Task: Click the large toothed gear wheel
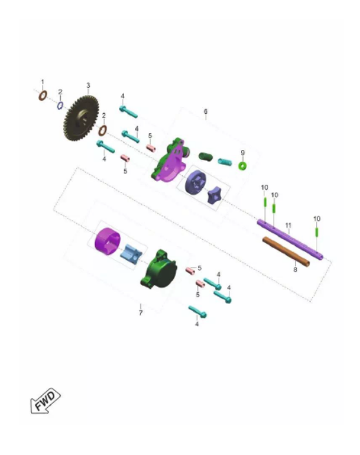click(81, 118)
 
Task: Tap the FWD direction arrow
click(45, 401)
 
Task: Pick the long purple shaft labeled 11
click(290, 240)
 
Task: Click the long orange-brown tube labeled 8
click(286, 251)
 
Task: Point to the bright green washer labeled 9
click(242, 166)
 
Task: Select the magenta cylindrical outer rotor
click(107, 242)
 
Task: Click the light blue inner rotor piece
click(131, 254)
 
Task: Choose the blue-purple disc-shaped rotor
click(196, 182)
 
